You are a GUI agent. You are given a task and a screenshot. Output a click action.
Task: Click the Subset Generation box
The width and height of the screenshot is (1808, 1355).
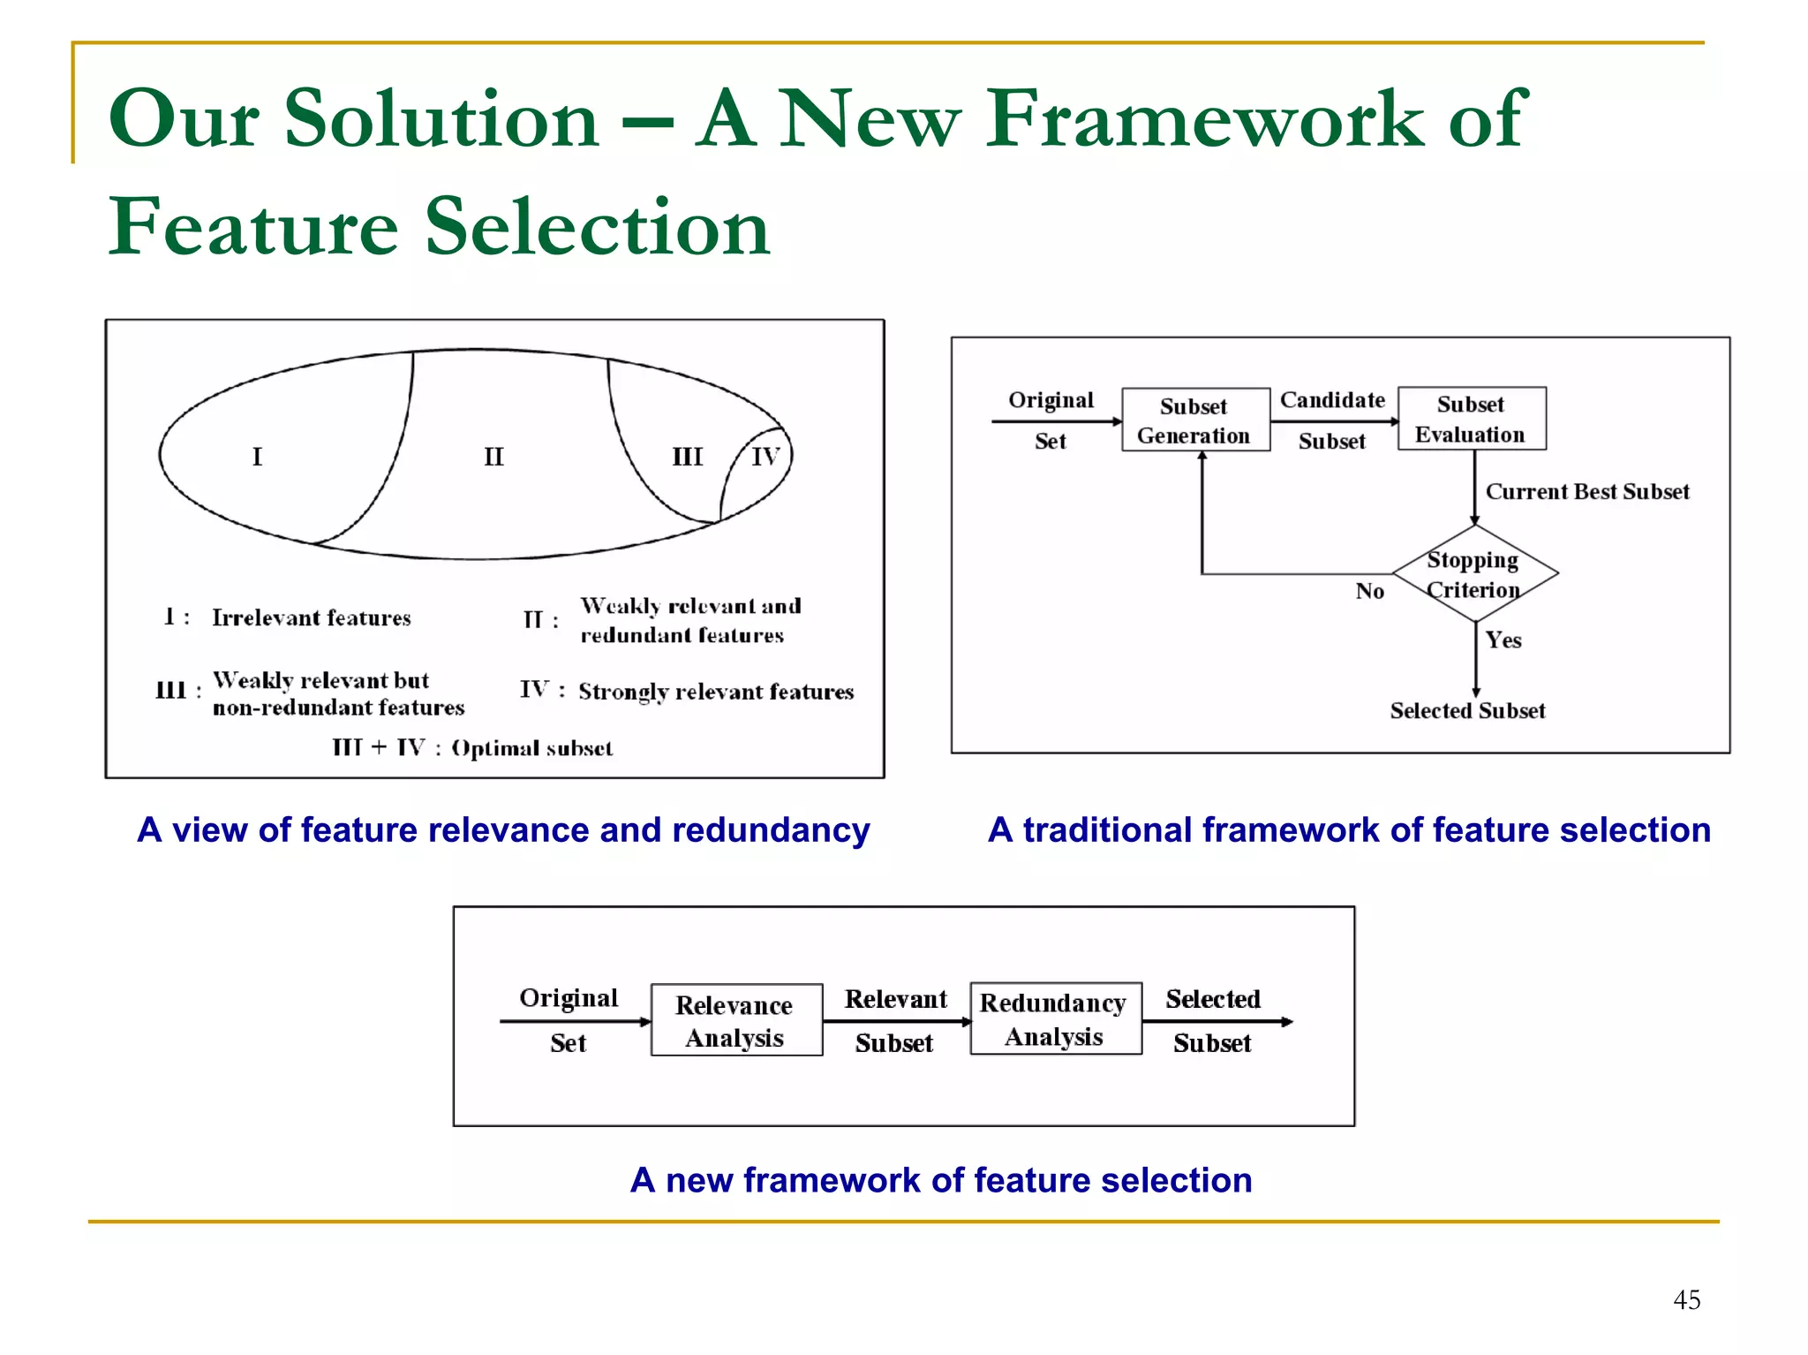click(x=1194, y=420)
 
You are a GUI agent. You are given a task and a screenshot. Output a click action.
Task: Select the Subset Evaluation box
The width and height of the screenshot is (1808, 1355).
click(x=1471, y=419)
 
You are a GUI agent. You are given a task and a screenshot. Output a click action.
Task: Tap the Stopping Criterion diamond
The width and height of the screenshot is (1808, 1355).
click(x=1474, y=574)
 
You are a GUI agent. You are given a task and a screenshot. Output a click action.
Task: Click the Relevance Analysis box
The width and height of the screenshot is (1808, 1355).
click(x=735, y=1020)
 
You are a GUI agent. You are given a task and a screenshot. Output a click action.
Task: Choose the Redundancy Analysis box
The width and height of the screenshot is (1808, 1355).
click(x=1055, y=1018)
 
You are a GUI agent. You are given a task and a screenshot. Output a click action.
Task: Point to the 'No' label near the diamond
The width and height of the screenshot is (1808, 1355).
click(x=1369, y=591)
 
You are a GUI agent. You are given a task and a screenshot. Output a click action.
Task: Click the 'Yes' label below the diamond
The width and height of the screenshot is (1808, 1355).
click(x=1503, y=640)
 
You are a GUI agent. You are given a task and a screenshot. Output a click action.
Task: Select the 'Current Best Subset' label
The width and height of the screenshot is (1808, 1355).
click(x=1586, y=492)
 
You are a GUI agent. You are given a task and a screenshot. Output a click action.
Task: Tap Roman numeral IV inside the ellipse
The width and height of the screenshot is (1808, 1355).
click(x=765, y=457)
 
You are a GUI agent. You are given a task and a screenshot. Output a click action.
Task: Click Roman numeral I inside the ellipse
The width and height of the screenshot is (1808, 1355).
click(x=257, y=457)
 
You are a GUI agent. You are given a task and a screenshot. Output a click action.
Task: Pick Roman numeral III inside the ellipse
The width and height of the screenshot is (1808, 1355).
click(x=687, y=457)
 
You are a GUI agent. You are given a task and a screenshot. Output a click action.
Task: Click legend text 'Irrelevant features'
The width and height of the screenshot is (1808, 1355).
click(x=311, y=617)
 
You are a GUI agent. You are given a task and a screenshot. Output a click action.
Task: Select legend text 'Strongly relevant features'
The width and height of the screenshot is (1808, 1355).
click(x=716, y=692)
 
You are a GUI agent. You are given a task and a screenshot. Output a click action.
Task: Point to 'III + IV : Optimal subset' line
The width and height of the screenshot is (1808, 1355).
click(x=472, y=748)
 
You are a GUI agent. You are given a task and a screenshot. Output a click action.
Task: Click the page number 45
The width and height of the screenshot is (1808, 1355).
click(x=1686, y=1299)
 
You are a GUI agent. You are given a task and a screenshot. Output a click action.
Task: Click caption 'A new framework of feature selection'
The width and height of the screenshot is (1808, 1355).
click(x=940, y=1180)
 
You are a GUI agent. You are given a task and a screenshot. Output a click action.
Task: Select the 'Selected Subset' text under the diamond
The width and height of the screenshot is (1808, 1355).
click(x=1466, y=711)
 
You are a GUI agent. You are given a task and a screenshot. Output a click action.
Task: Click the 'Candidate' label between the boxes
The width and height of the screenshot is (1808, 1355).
click(x=1332, y=400)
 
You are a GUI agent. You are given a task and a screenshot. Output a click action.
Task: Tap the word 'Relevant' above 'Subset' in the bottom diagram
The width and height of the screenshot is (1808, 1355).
click(x=895, y=999)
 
